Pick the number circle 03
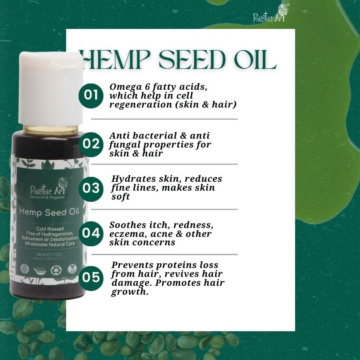(x=91, y=187)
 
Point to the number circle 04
(x=91, y=232)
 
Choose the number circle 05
(x=91, y=277)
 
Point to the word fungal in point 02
(x=123, y=144)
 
